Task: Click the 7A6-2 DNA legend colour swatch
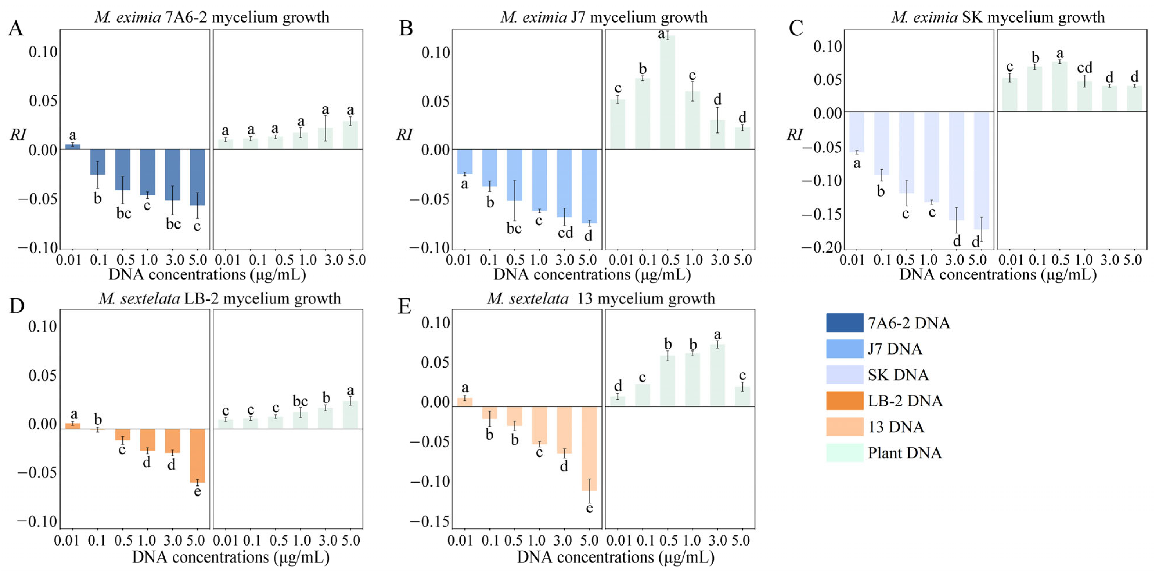click(844, 323)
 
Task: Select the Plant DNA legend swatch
click(844, 453)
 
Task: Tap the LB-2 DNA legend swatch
click(844, 401)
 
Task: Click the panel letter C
click(796, 28)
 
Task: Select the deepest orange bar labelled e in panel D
click(197, 455)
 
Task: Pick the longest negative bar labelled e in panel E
click(589, 448)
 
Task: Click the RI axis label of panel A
click(18, 134)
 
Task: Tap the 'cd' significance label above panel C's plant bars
click(1085, 68)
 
